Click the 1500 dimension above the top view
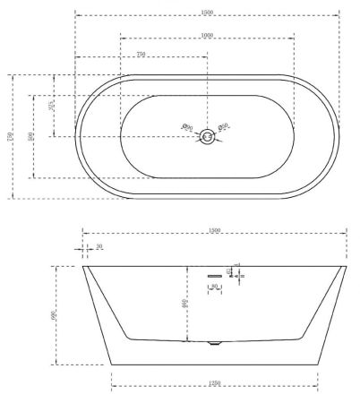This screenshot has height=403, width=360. tap(207, 11)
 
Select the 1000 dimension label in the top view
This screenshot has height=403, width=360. tap(207, 34)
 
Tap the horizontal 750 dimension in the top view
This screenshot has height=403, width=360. tap(141, 55)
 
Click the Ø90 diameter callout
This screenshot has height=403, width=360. tap(187, 127)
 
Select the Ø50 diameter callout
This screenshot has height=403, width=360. tap(224, 127)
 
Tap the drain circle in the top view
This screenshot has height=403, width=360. tap(207, 136)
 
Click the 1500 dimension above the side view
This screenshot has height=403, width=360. tap(215, 231)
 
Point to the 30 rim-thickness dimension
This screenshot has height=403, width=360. tap(99, 246)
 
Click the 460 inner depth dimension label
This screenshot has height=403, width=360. tap(185, 304)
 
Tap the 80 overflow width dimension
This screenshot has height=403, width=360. tap(214, 287)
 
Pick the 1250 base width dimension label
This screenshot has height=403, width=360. tap(215, 384)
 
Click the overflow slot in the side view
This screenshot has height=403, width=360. tap(214, 274)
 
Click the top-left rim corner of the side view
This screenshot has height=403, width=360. tap(83, 266)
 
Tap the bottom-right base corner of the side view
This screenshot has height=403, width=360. tap(318, 364)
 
